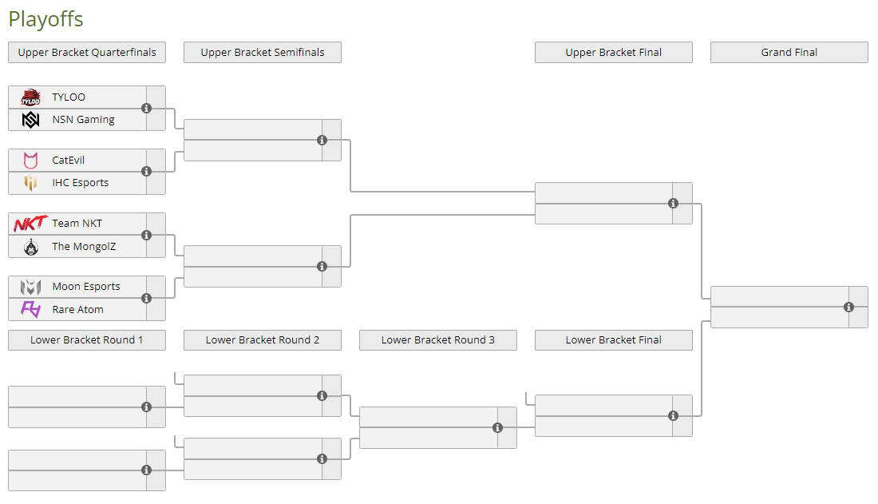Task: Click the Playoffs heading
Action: click(x=46, y=19)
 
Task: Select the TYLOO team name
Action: click(x=69, y=97)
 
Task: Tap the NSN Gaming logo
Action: click(x=31, y=120)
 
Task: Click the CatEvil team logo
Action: click(x=31, y=161)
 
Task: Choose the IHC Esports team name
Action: click(x=81, y=183)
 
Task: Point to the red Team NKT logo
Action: click(x=31, y=224)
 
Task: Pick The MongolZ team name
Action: click(x=84, y=246)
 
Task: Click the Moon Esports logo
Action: click(x=31, y=287)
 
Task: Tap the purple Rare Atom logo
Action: click(x=31, y=309)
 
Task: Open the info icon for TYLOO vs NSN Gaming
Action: click(x=147, y=108)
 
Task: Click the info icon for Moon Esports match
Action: click(x=147, y=298)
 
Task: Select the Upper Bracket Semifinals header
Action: click(x=263, y=52)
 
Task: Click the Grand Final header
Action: click(x=789, y=52)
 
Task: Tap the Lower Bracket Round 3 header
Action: click(x=438, y=339)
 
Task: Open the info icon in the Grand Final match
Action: click(x=849, y=307)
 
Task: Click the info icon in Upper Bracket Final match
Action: click(x=673, y=203)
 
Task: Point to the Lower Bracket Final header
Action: click(x=614, y=339)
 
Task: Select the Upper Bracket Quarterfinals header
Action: click(x=87, y=52)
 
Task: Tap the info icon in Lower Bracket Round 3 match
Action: click(x=497, y=428)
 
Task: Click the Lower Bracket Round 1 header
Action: click(x=87, y=339)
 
